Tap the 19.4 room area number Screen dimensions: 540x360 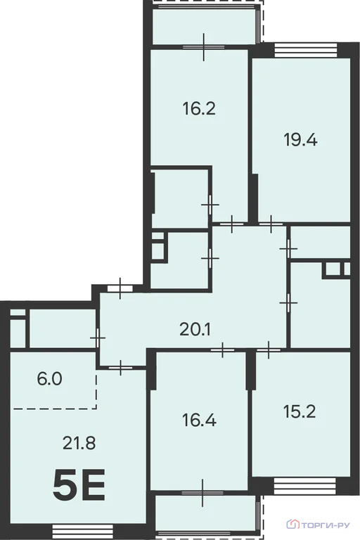[x=301, y=139]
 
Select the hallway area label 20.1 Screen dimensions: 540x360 [x=195, y=328]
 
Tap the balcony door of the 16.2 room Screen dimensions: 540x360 [x=202, y=47]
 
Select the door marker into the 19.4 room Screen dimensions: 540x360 [x=271, y=224]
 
